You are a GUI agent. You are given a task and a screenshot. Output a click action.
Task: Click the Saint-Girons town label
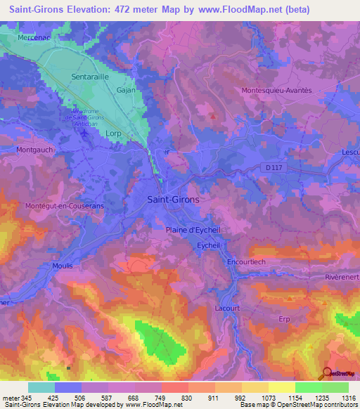(x=173, y=199)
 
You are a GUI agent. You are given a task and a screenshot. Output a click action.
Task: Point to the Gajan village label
(x=125, y=90)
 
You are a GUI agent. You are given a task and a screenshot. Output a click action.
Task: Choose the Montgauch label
(x=34, y=150)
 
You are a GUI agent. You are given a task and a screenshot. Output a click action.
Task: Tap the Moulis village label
(x=63, y=266)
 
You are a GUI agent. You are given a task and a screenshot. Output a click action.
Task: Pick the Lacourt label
(x=228, y=308)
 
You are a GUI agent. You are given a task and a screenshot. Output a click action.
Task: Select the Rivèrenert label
(x=342, y=277)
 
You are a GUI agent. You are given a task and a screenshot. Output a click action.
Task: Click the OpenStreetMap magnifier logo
(x=326, y=373)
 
